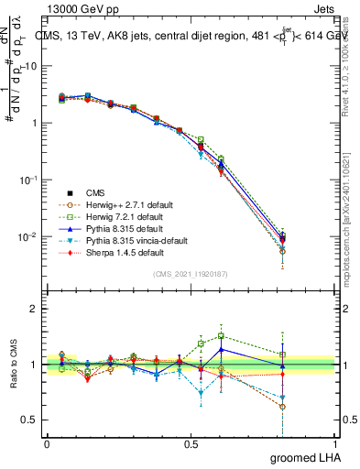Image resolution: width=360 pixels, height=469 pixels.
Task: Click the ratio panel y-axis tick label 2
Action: [x=34, y=309]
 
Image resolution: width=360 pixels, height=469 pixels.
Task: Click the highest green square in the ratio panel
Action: [x=221, y=336]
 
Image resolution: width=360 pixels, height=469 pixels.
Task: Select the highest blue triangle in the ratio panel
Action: [x=221, y=349]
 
